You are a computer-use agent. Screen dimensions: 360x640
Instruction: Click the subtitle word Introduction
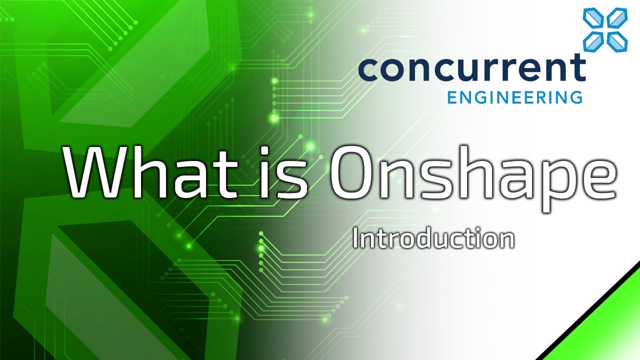coord(433,239)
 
